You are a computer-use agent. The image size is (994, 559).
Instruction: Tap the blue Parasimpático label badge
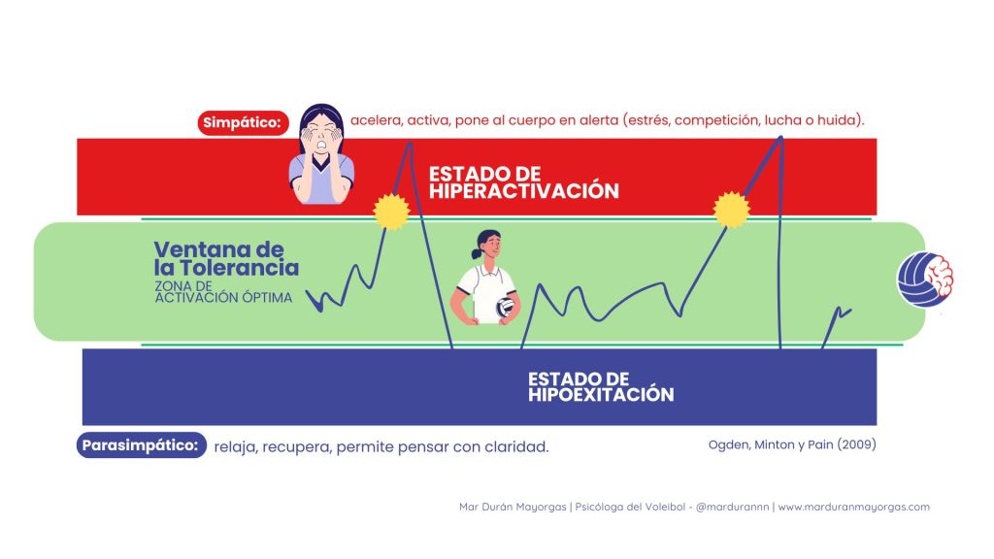(142, 444)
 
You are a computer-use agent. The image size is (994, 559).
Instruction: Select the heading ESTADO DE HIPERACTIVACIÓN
(523, 182)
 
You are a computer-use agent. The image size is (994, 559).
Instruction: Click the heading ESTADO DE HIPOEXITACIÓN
(600, 386)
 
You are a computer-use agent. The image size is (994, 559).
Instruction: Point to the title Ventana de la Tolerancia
(226, 258)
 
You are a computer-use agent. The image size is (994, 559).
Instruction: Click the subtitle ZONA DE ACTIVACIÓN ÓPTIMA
(223, 291)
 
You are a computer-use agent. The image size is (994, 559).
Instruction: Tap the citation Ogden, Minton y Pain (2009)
(792, 444)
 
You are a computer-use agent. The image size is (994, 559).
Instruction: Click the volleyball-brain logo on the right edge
(925, 279)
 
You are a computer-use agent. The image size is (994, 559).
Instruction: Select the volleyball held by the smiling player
(505, 308)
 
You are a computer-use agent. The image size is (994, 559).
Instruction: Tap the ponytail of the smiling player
(477, 253)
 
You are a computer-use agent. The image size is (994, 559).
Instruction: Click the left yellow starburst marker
(391, 211)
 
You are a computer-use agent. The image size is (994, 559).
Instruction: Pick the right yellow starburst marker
(732, 210)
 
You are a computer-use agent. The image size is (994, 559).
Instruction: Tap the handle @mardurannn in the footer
(732, 507)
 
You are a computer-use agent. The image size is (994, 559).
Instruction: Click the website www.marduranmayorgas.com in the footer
(854, 507)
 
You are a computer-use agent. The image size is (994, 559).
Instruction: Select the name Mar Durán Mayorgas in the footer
(513, 507)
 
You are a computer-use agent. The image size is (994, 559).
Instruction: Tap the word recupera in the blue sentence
(296, 446)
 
